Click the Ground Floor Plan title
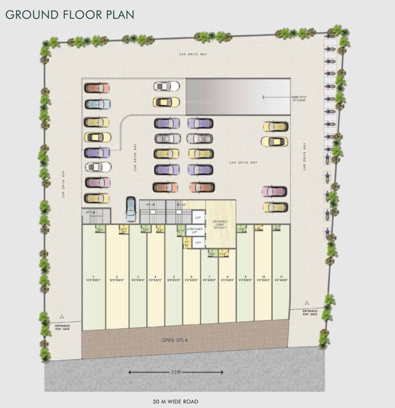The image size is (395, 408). coord(70,14)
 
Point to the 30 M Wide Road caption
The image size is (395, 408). coord(175,402)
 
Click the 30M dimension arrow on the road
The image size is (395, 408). coord(175,372)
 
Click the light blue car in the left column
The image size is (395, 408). coord(97,104)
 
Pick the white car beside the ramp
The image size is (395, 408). coord(166,86)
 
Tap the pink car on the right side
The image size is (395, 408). coord(274,191)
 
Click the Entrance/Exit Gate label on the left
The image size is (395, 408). coord(63,327)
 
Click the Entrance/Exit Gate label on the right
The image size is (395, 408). coord(310,312)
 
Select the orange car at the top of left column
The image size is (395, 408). coord(97,88)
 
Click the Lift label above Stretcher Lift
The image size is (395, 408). coord(197,217)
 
